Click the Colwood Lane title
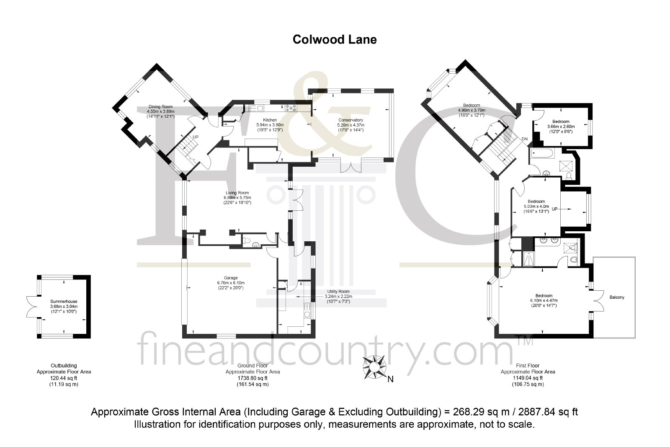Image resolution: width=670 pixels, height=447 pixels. tap(335, 40)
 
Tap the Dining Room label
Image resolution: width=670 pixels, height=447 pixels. tap(161, 106)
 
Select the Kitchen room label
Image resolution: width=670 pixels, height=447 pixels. tap(270, 120)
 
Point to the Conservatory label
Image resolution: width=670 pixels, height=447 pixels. tap(350, 120)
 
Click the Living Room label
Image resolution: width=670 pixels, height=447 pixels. tap(237, 193)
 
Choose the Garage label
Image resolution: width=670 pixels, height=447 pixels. tap(231, 278)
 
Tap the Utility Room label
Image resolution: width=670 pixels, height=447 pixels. tap(338, 292)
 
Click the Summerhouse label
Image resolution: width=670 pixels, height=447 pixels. tap(64, 302)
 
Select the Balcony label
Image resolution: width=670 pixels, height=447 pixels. tap(617, 297)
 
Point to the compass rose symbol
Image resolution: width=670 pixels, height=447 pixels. tap(374, 367)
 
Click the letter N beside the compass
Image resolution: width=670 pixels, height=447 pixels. tap(390, 380)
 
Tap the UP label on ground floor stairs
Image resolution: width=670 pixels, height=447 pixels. tap(195, 137)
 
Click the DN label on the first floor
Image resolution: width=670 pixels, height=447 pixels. tap(524, 139)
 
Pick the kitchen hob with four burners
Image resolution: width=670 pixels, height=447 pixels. tap(291, 108)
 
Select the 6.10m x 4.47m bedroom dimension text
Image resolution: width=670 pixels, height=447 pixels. tap(544, 301)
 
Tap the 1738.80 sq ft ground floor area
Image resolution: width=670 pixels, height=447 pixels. tap(253, 378)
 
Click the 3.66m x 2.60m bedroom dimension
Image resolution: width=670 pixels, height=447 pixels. tap(561, 127)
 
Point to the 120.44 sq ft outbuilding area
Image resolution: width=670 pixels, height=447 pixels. tap(64, 378)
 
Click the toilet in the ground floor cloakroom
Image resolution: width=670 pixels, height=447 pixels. tap(247, 240)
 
